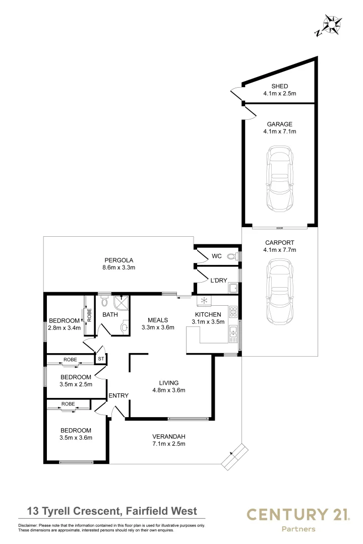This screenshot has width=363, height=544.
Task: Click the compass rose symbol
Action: (332, 24)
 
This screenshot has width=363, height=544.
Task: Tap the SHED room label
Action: (280, 86)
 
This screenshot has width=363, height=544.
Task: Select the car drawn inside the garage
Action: (280, 178)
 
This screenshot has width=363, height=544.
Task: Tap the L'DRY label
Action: (218, 281)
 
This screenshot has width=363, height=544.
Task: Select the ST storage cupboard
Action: (101, 359)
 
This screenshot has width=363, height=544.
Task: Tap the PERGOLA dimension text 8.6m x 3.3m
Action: (119, 267)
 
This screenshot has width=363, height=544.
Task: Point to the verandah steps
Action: (235, 456)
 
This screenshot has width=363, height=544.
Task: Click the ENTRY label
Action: (118, 395)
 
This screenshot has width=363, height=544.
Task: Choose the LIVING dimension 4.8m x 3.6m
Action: (169, 390)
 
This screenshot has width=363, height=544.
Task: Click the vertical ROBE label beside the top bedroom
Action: (89, 315)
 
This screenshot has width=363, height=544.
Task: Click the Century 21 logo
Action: (298, 519)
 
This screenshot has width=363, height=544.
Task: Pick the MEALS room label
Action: (158, 320)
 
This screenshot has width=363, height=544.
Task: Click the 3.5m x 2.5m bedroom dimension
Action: (76, 384)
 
